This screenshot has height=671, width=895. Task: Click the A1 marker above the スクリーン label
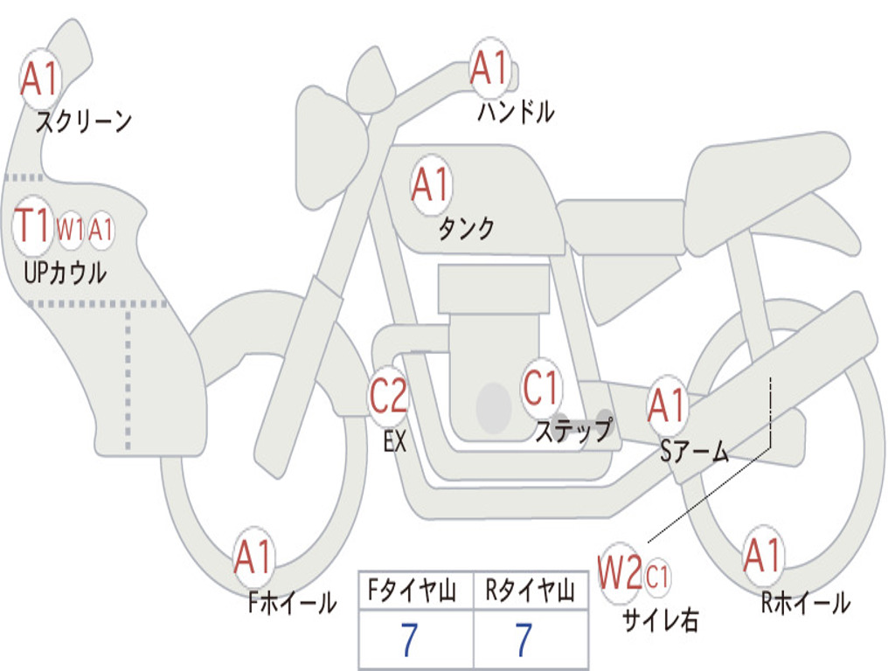40,79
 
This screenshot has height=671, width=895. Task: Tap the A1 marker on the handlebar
489,68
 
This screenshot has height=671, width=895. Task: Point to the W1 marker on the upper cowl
70,230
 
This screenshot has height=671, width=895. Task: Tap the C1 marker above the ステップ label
541,388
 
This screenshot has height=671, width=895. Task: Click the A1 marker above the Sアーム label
667,406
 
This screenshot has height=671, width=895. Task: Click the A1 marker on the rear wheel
762,556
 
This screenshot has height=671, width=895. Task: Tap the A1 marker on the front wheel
253,557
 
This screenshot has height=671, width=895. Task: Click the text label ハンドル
516,112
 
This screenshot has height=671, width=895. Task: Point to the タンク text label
467,228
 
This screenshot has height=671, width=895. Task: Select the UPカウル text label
65,273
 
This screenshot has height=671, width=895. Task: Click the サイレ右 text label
661,619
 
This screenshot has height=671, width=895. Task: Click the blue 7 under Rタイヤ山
524,640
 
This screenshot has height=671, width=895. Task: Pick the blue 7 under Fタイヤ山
409,640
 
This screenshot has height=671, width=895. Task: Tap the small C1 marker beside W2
657,577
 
